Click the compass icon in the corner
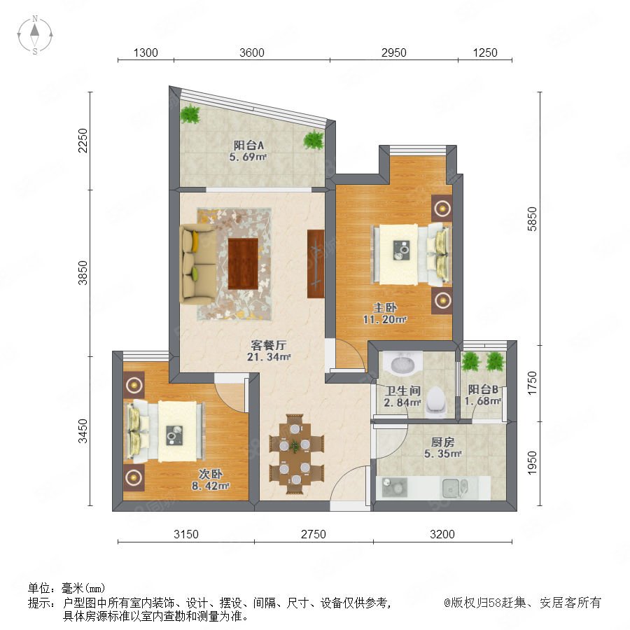(x=35, y=35)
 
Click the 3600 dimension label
(x=252, y=52)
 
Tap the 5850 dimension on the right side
(x=532, y=219)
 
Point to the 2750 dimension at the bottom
(x=314, y=534)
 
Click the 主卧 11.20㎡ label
(x=385, y=314)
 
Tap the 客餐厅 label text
(x=268, y=345)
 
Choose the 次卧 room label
(x=211, y=474)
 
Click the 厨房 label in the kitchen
(x=443, y=442)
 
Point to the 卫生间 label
(x=402, y=391)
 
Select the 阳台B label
(x=483, y=389)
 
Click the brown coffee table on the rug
(x=243, y=264)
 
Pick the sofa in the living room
(x=198, y=264)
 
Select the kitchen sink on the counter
(x=454, y=488)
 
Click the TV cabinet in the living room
(x=316, y=264)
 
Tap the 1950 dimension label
(x=532, y=463)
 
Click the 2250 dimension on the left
(x=83, y=140)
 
